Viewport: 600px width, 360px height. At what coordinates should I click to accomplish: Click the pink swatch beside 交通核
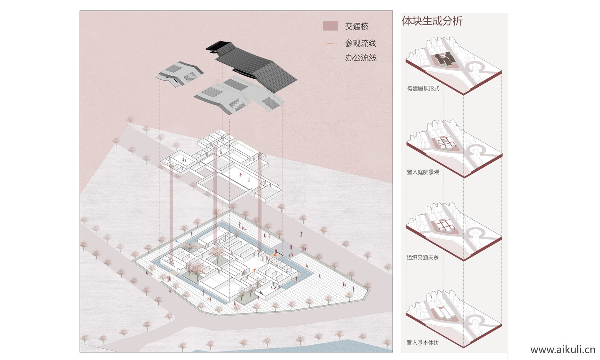pos(330,26)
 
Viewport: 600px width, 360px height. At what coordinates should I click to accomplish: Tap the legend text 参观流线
pos(360,43)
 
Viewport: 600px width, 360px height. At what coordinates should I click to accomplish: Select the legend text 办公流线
pos(360,58)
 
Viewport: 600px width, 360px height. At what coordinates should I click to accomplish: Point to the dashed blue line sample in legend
pos(330,59)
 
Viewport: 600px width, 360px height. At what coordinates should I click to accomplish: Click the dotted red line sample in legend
pos(330,43)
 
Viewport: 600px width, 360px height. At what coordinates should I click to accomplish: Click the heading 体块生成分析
pos(432,21)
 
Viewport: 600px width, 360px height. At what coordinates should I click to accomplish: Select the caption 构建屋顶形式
pos(423,88)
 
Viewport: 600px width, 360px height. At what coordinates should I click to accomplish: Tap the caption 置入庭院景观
pos(423,172)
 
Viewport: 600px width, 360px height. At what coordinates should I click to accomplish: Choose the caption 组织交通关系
pos(423,257)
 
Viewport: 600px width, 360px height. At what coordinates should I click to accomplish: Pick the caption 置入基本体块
pos(423,343)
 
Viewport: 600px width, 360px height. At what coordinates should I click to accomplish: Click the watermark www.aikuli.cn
pos(562,350)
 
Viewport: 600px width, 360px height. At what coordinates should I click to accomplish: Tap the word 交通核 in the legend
pos(356,26)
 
